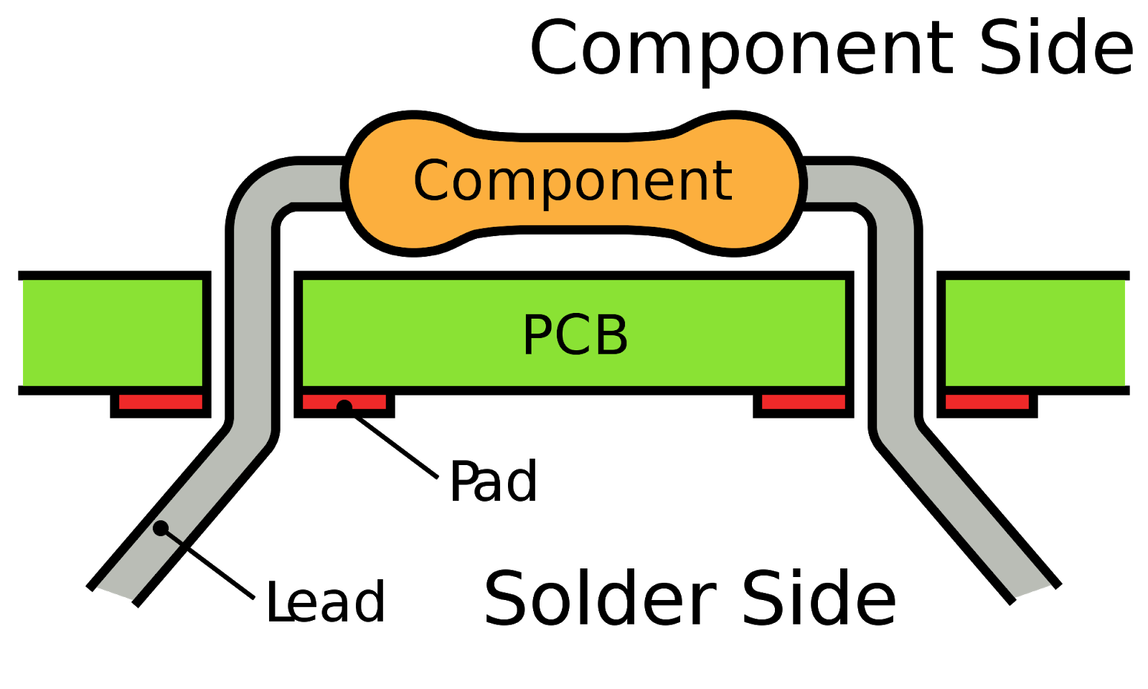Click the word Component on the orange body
(x=573, y=181)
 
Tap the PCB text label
(x=575, y=334)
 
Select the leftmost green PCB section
(x=113, y=333)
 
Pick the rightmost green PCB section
(x=1035, y=333)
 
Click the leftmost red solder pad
(x=161, y=402)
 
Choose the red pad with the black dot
(x=344, y=402)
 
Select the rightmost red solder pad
(x=987, y=402)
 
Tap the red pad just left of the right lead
(x=804, y=402)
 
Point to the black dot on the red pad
(x=344, y=406)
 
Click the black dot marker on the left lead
(x=161, y=529)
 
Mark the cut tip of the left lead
(x=116, y=593)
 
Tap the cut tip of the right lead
(x=1033, y=591)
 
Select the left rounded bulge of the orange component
(x=402, y=183)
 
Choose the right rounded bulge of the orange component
(x=746, y=183)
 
